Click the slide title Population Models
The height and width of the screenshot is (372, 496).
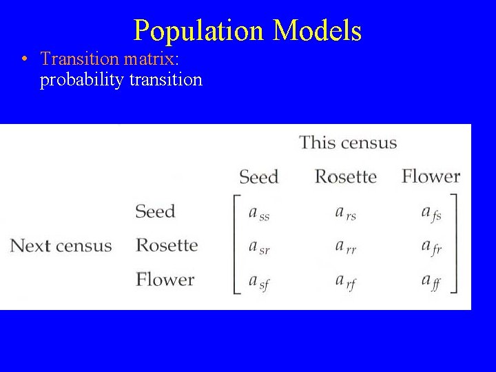tap(247, 30)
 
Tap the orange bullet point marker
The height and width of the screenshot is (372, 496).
tap(25, 59)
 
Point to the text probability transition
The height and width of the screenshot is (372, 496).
tap(121, 80)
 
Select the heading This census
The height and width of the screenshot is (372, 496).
tap(348, 143)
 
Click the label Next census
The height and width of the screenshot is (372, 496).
tap(61, 246)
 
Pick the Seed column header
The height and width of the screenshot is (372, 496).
tap(258, 177)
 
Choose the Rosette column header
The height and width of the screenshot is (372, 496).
tap(345, 176)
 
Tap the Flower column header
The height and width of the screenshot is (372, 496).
tap(431, 176)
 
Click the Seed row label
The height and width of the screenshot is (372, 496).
tap(155, 211)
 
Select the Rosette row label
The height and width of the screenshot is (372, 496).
tap(167, 245)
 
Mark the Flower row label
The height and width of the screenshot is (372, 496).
tap(165, 280)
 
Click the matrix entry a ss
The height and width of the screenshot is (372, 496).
tap(258, 214)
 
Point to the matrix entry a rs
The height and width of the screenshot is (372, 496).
tap(345, 214)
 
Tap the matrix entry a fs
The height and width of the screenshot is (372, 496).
tap(431, 214)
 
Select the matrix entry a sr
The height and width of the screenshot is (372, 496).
tap(258, 248)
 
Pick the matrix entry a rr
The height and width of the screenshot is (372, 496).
tap(344, 248)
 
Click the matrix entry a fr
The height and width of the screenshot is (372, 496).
tap(431, 248)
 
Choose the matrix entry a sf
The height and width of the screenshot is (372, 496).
tap(258, 282)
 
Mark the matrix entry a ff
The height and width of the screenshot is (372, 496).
tap(431, 282)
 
